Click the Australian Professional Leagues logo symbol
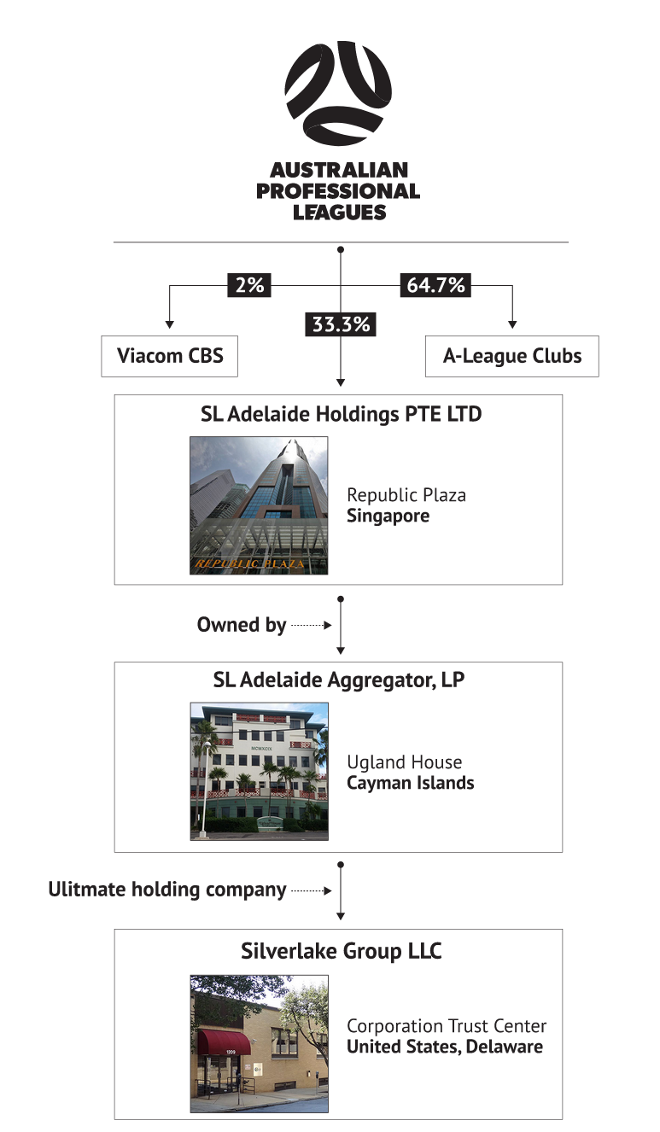(338, 94)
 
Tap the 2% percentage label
(249, 285)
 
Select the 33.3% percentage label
(341, 324)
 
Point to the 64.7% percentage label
(435, 285)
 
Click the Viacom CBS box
(169, 355)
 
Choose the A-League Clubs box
(511, 355)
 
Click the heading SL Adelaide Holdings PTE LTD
(341, 415)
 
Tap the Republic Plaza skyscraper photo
(259, 505)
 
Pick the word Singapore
(388, 516)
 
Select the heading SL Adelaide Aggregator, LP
(339, 680)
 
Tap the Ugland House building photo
(259, 771)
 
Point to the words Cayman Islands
(410, 783)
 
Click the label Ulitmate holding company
(167, 890)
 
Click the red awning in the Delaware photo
(225, 1042)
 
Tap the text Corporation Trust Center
(447, 1025)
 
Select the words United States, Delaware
(444, 1047)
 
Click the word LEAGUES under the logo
(339, 213)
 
